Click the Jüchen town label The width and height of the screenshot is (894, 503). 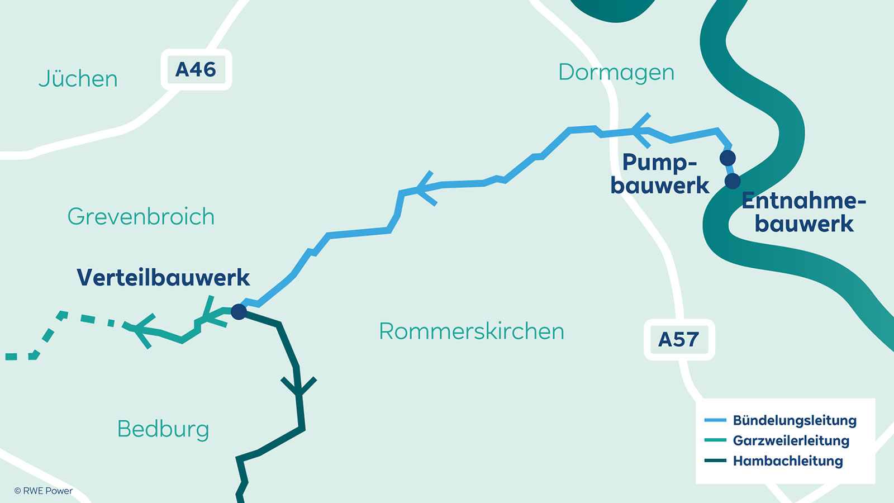(78, 79)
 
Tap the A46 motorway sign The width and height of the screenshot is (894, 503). (196, 69)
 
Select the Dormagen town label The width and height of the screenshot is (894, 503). (616, 72)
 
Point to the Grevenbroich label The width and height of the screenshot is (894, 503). (141, 216)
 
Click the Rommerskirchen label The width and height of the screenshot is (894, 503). (472, 331)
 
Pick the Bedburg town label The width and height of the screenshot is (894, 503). (163, 429)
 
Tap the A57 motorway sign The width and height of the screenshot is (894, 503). (679, 339)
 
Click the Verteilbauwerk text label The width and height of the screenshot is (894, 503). (163, 277)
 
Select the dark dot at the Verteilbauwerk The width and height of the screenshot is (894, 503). (239, 311)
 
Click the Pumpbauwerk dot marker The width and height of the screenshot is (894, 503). (727, 158)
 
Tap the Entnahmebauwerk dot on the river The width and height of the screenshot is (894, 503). (733, 181)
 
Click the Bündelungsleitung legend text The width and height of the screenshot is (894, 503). (795, 420)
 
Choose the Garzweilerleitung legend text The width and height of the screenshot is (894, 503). (791, 440)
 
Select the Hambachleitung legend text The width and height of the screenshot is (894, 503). (788, 461)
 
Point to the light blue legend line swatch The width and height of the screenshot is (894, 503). (715, 420)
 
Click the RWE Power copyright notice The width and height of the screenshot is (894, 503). (44, 491)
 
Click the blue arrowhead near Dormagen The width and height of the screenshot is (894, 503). (640, 130)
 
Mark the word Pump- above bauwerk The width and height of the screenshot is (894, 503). (659, 163)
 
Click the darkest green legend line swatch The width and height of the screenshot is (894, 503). (715, 461)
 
